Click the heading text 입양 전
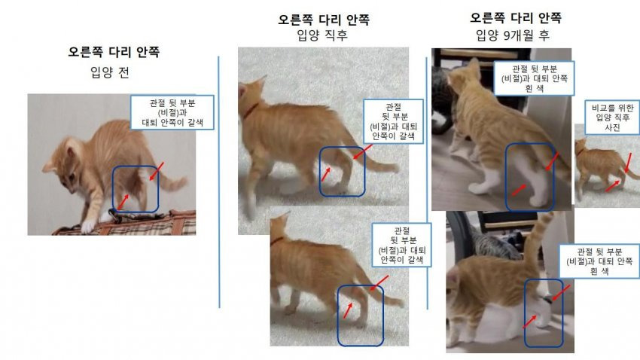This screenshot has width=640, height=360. coord(109,72)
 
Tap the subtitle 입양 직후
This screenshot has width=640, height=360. coord(322,35)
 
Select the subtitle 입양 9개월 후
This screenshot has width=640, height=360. coord(513,35)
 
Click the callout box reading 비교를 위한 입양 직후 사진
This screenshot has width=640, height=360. coord(612,117)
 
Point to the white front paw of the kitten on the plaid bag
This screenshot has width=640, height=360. coord(87,227)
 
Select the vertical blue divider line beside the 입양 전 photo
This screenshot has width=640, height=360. coord(219,182)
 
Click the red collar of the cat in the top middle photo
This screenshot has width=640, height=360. coord(251,109)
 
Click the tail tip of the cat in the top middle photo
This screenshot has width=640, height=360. coord(394,167)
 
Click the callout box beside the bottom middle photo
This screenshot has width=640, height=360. coord(401,245)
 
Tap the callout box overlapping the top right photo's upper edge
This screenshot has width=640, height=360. coord(534,78)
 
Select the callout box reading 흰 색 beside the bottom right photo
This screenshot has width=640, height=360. coord(599,261)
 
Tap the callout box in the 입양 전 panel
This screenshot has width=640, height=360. coord(172,113)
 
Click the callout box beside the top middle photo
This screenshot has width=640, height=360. coord(393,122)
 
